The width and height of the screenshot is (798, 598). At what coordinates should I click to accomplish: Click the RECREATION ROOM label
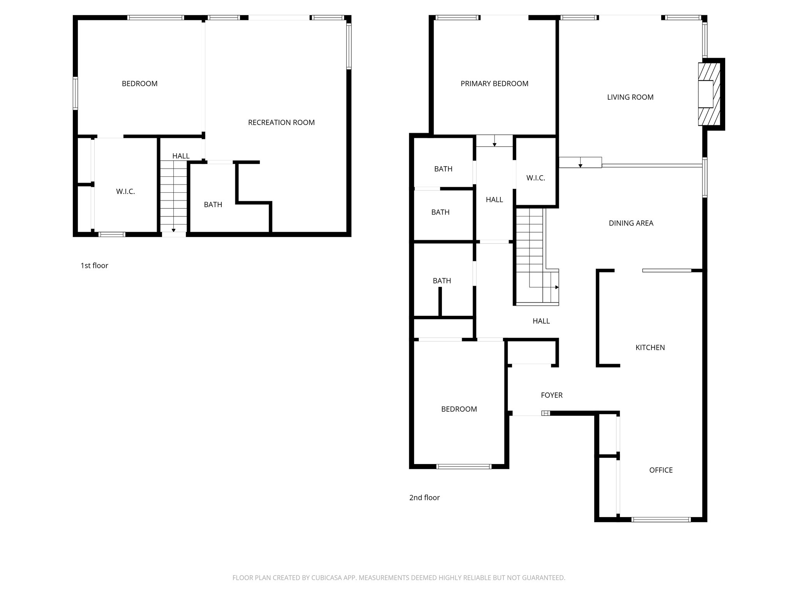tap(281, 122)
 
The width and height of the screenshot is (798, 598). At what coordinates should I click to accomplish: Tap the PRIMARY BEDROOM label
tap(494, 83)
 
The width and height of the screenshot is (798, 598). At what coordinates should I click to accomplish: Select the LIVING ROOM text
tap(630, 97)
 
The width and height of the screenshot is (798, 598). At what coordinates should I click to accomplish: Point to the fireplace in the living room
tap(708, 94)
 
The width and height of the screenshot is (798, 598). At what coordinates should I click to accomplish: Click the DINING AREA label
tap(631, 223)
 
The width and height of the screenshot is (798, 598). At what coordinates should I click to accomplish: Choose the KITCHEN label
tap(650, 348)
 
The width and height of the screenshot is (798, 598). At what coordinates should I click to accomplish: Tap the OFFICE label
tap(661, 470)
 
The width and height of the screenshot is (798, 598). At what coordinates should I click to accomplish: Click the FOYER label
tap(551, 395)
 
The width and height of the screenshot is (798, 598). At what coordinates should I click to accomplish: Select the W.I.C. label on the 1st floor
tap(125, 192)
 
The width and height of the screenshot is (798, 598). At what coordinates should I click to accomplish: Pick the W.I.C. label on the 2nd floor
tap(535, 178)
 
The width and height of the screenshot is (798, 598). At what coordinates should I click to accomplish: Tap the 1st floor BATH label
tap(213, 204)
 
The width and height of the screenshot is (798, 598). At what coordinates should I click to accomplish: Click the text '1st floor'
tap(94, 266)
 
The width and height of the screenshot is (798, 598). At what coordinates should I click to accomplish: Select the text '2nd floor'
tap(424, 498)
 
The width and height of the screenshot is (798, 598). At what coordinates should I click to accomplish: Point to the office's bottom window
tap(661, 519)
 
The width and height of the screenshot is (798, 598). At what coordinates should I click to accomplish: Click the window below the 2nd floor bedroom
tap(463, 466)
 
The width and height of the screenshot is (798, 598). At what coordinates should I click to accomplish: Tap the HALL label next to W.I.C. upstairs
tap(494, 200)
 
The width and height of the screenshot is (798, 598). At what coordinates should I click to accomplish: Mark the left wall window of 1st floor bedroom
tap(76, 93)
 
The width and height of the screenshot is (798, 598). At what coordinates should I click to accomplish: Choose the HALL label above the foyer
tap(541, 321)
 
